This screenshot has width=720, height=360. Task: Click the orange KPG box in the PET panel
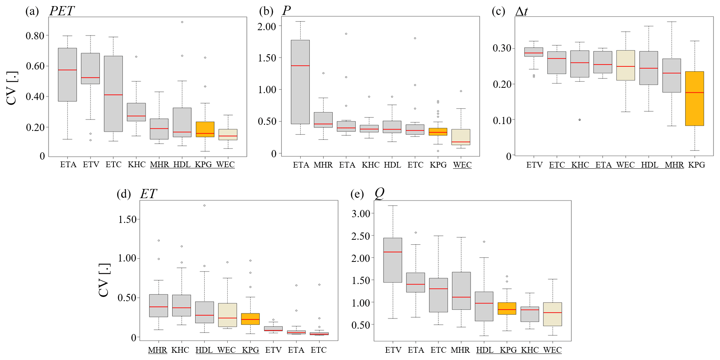205,129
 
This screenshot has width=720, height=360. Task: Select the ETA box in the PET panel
67,74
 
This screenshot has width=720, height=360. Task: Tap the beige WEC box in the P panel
461,137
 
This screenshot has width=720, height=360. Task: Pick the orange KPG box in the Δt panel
694,98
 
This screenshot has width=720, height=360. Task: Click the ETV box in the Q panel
393,260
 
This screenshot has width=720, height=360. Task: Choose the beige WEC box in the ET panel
227,315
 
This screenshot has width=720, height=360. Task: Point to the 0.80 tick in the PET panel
35,36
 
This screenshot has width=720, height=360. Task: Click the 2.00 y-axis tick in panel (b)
267,27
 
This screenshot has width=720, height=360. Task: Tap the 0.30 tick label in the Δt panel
502,48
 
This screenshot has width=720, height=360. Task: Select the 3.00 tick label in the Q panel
361,214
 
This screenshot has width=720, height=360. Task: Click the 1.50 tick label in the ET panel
127,220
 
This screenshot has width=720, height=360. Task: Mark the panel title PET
62,11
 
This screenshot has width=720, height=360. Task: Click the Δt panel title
521,11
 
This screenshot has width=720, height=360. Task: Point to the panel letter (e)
357,194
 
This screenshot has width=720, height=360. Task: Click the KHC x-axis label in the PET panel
136,165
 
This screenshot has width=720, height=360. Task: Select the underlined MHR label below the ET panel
157,350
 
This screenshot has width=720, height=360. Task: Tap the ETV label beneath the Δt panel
534,165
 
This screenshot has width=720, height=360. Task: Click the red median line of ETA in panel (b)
300,66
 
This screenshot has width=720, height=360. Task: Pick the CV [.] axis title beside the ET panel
104,280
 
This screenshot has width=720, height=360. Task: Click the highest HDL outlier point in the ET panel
204,205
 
